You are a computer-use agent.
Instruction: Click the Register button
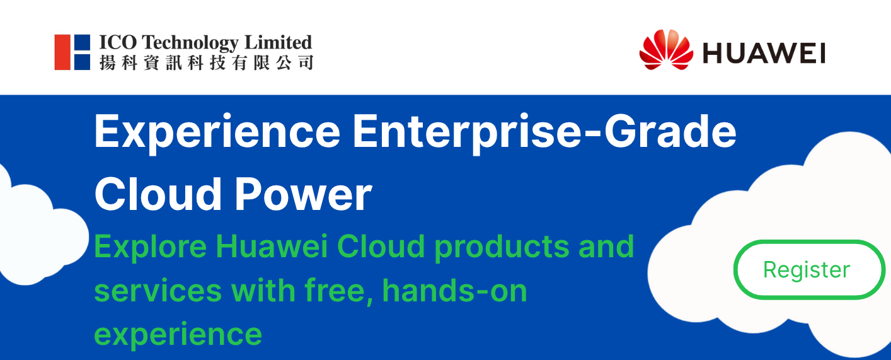point(809,270)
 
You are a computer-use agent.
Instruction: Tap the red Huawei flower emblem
point(666,50)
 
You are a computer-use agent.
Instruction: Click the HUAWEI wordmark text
point(764,54)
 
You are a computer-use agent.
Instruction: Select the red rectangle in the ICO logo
point(62,52)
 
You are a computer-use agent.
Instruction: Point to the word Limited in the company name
point(278,42)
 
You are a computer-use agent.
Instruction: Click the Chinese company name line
point(206,63)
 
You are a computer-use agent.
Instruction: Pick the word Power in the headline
point(304,194)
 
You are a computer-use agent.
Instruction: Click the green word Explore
point(151,248)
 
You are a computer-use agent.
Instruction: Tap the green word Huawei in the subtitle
point(272,247)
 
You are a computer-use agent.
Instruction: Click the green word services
point(158,291)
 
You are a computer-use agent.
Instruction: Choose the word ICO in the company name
point(118,43)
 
